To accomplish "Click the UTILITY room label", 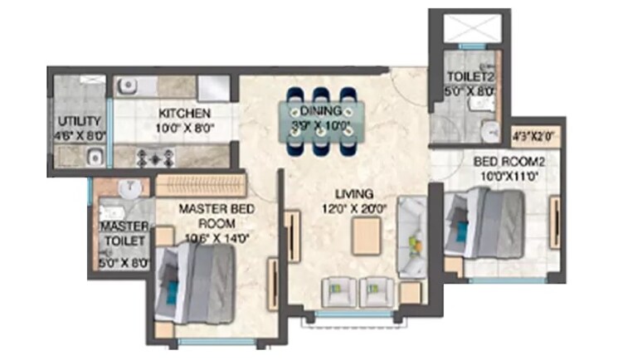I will pos(80,121).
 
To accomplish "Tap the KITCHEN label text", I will pos(184,113).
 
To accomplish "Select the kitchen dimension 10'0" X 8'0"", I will pos(184,128).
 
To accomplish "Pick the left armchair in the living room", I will pos(338,289).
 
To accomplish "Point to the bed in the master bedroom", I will pos(194,284).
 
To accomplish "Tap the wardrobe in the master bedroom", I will pos(202,184).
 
